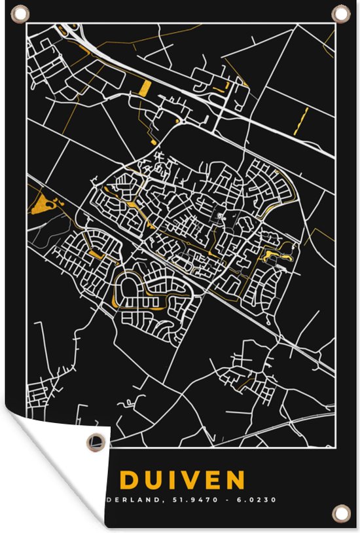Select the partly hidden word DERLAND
[x=144, y=500]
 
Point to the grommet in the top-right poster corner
[x=340, y=13]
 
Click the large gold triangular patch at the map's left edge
[x=41, y=204]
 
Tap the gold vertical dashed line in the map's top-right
[x=301, y=120]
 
